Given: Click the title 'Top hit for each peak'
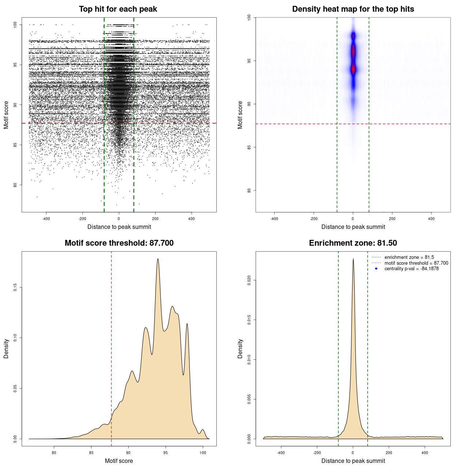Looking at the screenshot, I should (x=118, y=9).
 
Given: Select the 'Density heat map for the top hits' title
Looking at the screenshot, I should (x=353, y=9).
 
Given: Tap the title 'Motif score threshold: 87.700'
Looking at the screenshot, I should (x=119, y=243).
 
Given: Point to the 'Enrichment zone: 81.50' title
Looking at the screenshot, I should (x=353, y=243).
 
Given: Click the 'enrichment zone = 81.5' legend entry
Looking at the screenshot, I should (x=409, y=257).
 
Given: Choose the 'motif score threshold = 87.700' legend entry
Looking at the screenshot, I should (x=416, y=263).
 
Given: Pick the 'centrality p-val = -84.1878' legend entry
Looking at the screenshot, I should (x=411, y=269).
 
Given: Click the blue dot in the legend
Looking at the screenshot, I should (x=376, y=269).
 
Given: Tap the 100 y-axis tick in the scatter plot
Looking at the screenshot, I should (x=15, y=24).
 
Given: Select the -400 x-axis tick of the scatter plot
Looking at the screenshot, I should (x=46, y=219).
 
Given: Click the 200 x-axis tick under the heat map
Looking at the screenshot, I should (x=392, y=219).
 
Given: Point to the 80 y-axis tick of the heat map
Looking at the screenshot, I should (x=249, y=190).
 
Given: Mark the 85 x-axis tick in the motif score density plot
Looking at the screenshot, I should (x=91, y=453).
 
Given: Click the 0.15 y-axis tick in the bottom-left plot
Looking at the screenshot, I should (x=15, y=287).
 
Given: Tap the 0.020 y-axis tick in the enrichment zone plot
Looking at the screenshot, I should (x=249, y=280).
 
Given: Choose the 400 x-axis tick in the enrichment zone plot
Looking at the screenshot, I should (x=424, y=453).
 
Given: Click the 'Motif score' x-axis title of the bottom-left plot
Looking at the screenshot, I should (x=119, y=461).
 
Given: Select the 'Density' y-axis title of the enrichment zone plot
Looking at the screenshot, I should (x=240, y=348).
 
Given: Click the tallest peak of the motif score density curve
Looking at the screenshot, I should (x=158, y=259).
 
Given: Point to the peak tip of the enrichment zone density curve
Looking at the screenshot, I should (x=353, y=259).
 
